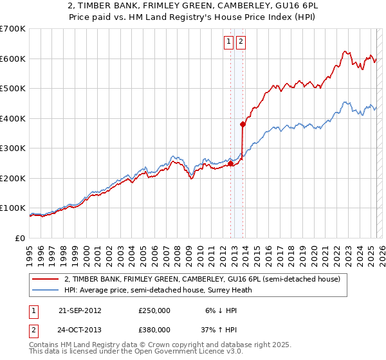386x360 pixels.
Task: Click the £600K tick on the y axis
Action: [x=13, y=59]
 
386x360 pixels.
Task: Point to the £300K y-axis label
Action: [x=13, y=148]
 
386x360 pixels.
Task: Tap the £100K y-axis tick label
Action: [x=13, y=208]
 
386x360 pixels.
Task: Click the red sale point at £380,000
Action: [x=243, y=124]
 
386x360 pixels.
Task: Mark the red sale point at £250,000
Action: [x=230, y=163]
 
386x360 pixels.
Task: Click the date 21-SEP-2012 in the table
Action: [x=80, y=310]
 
